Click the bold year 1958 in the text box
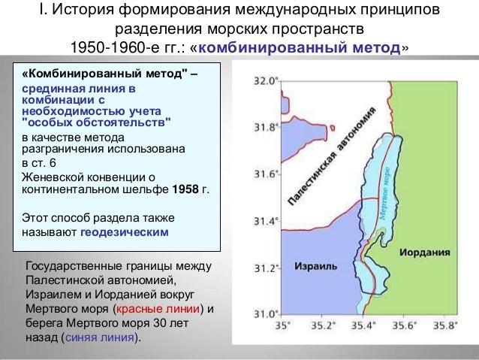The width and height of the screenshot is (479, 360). pos(186,189)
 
